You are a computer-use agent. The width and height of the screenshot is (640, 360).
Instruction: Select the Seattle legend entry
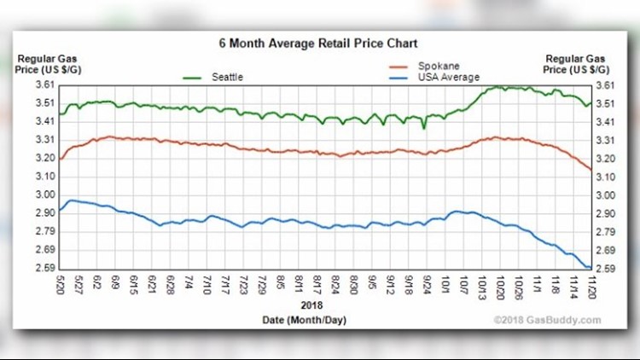coord(227,77)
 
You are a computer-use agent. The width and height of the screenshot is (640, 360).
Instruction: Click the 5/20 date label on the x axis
coord(61,285)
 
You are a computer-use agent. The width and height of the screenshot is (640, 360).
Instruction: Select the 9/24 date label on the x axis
coord(425,285)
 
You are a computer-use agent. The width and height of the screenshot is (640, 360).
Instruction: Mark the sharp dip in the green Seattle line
coord(424,128)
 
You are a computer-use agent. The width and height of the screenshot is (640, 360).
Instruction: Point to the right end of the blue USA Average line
coord(590,268)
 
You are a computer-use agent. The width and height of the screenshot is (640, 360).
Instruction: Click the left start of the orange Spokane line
coord(61,159)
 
